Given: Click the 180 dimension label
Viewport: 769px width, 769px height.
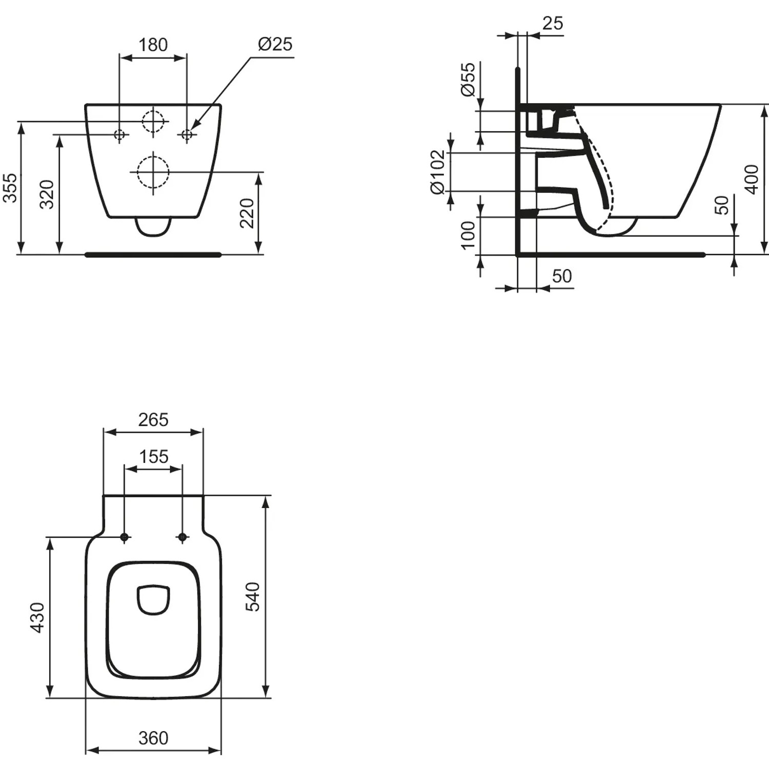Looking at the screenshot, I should point(153,45).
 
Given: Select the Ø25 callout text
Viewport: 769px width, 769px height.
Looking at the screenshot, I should point(275,45).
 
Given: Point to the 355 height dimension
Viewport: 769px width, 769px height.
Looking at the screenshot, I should point(10,188).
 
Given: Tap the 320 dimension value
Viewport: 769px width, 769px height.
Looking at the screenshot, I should point(47,194).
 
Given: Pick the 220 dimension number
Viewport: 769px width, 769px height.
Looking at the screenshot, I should point(247,213).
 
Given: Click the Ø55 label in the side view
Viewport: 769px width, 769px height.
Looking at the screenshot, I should point(468,79).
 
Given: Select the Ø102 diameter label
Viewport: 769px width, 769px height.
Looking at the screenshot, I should point(437,172).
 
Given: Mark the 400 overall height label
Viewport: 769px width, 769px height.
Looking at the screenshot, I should point(751,179).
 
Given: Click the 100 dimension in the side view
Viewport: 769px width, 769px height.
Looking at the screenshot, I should point(468,235).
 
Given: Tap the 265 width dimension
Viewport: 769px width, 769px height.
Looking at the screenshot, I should point(153,420).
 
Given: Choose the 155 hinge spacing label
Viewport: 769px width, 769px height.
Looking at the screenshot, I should point(153,456).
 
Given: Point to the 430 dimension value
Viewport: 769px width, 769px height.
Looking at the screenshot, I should point(38,617).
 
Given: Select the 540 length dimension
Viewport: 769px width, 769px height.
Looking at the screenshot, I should point(253,597).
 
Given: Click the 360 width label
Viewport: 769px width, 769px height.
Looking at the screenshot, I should point(153,738).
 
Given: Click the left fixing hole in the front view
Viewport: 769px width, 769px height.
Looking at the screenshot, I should point(119,135).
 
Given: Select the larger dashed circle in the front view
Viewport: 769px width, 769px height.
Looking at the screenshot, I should point(153,172).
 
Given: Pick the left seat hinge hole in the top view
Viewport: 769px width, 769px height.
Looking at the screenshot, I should point(124,537).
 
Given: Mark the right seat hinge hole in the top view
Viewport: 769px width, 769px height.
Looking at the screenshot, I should point(182,537).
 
